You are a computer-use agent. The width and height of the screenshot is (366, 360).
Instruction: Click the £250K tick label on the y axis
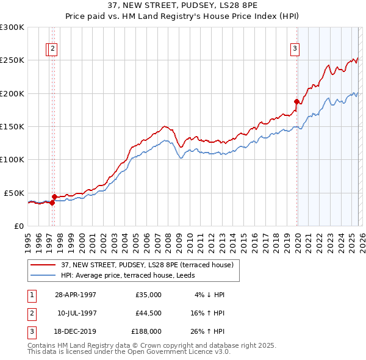12,60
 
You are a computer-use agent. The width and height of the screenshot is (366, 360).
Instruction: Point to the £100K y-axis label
12,159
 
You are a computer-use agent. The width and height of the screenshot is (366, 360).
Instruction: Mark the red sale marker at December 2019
296,101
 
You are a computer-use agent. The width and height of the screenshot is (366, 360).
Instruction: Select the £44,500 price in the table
149,314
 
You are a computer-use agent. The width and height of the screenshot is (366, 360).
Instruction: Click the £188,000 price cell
147,333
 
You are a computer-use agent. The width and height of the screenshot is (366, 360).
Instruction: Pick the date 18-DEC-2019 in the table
76,333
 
